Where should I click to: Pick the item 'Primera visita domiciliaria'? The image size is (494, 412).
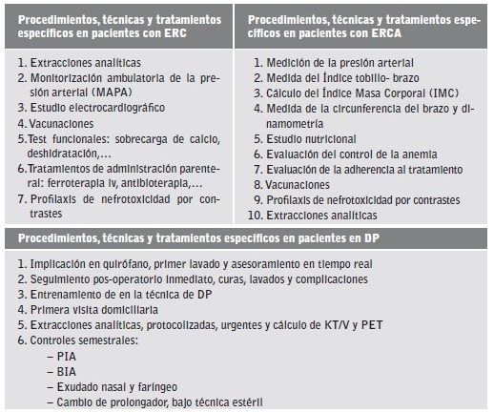(94, 310)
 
